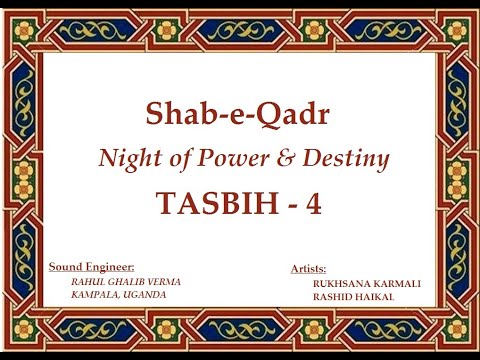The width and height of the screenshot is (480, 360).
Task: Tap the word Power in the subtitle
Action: pos(218,157)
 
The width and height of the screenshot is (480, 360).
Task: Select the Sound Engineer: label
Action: pos(92,267)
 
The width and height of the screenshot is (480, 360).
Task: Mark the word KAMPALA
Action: pos(95,297)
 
